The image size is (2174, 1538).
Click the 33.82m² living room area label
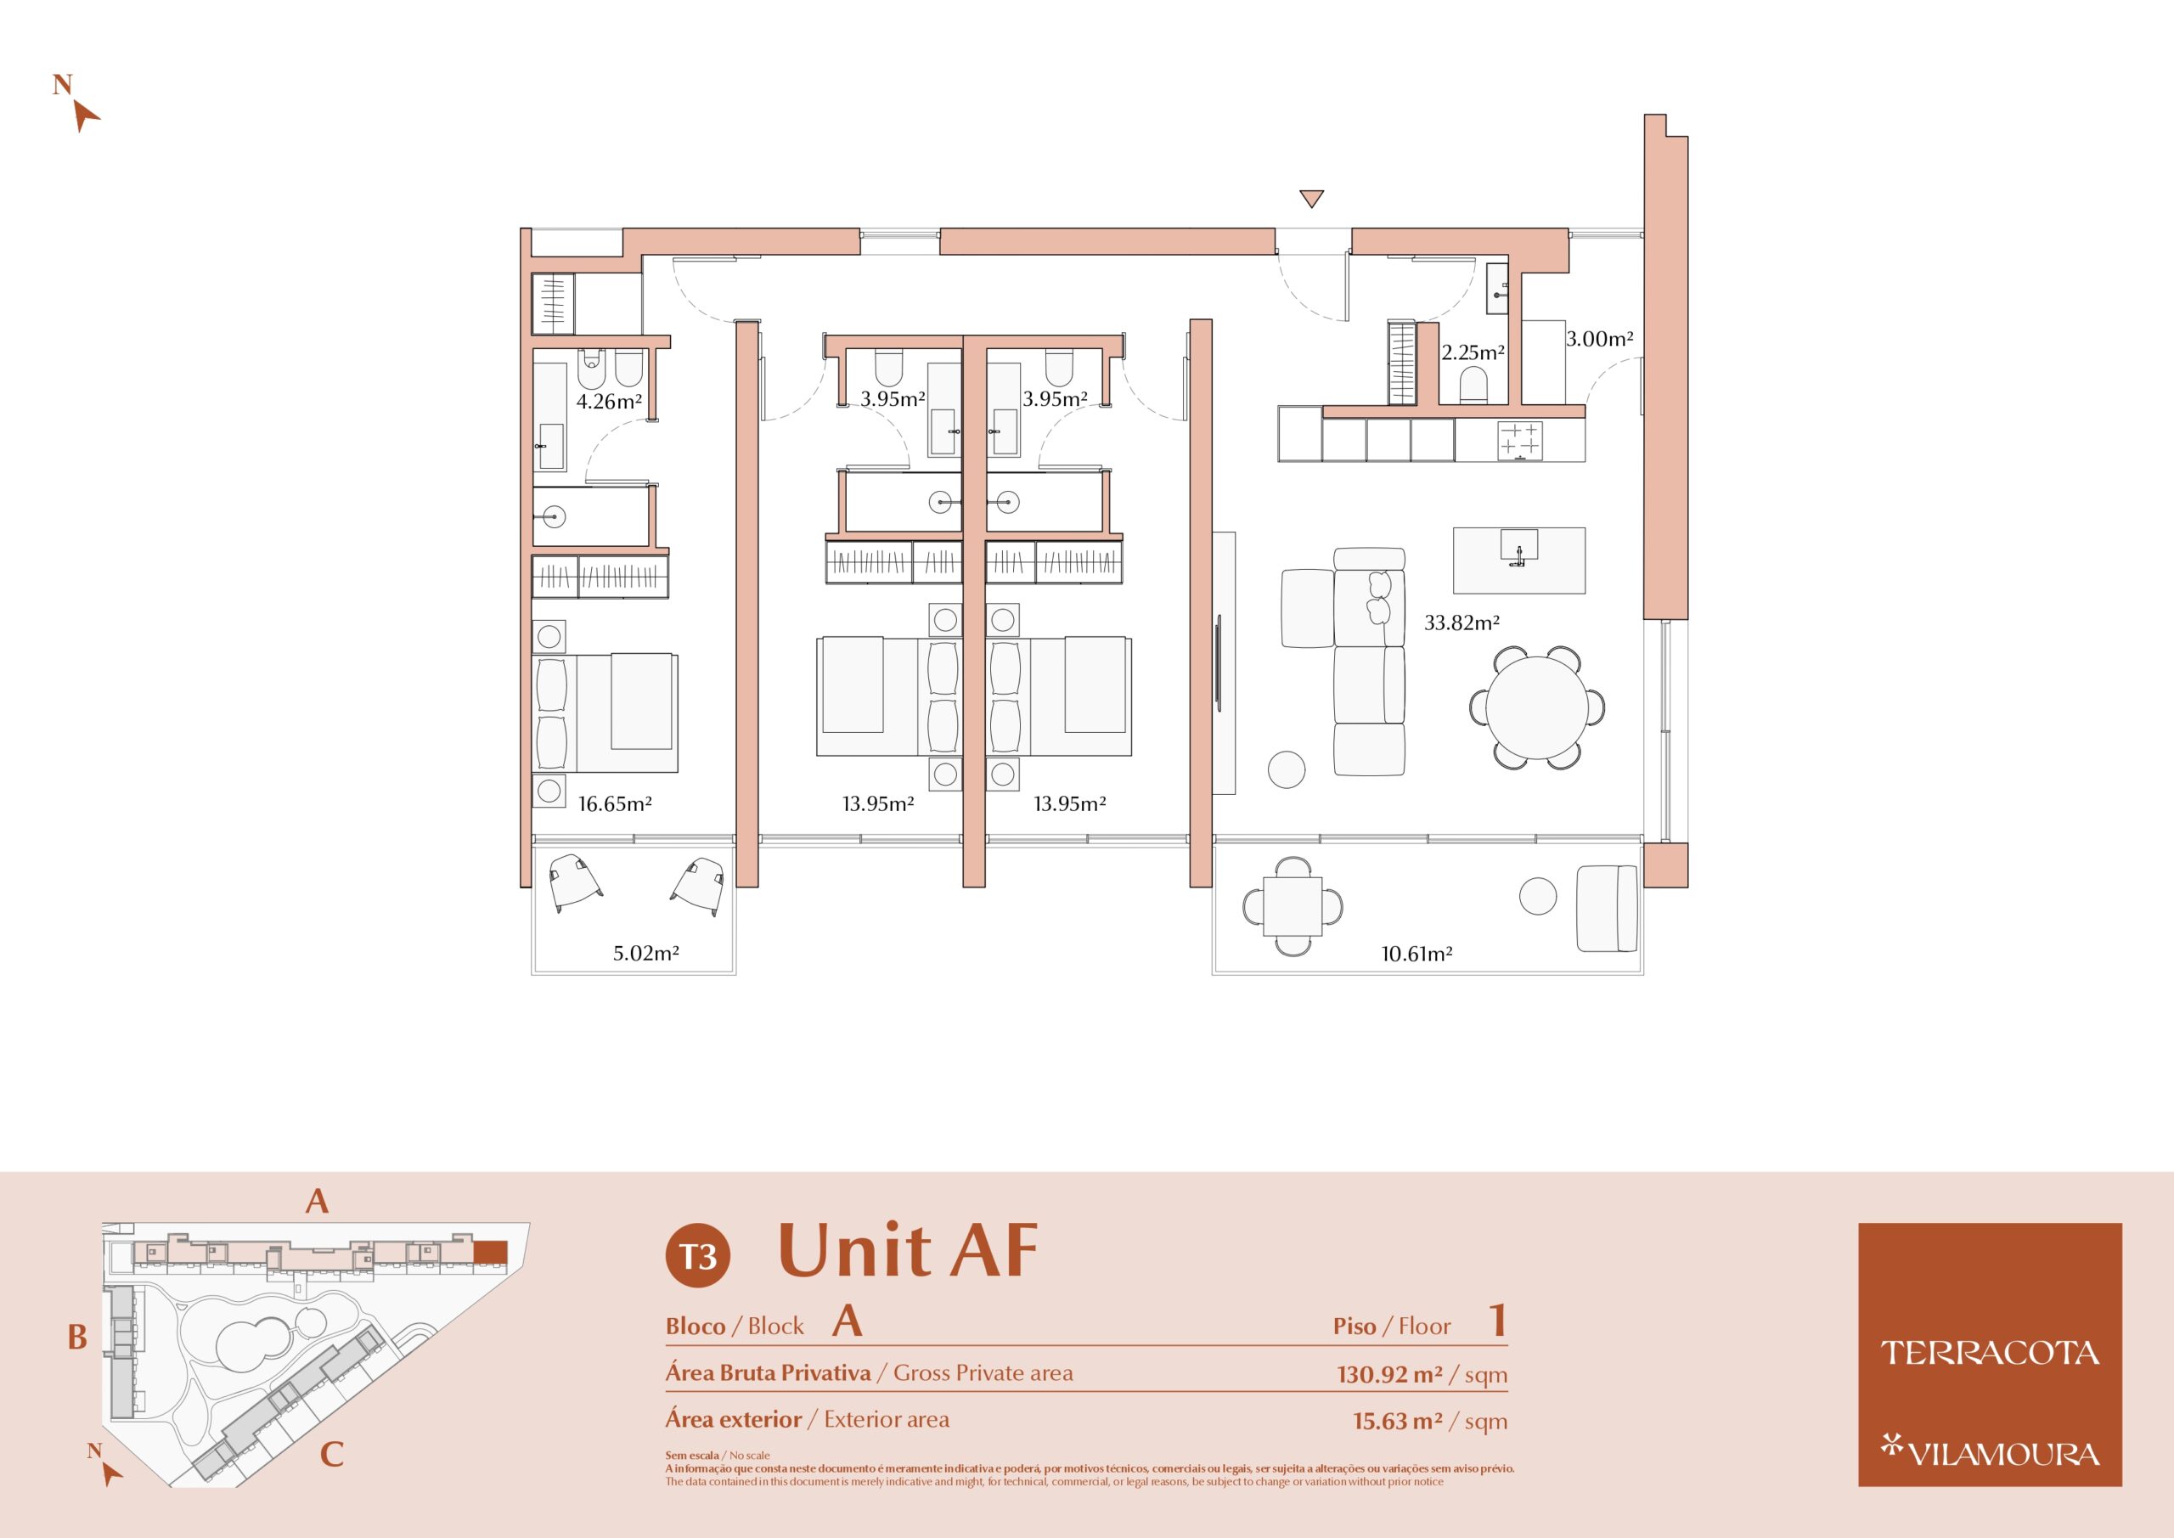coord(1462,623)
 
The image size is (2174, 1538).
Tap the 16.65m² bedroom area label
coord(615,804)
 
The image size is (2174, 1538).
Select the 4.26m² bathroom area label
coord(609,402)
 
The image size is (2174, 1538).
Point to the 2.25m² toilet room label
coord(1473,352)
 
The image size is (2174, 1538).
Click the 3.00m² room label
coord(1599,338)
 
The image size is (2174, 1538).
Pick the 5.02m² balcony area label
coord(645,954)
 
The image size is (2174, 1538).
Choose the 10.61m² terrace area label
coord(1416,954)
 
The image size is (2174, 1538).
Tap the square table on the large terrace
coord(1293,906)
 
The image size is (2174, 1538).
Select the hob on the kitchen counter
coord(1520,442)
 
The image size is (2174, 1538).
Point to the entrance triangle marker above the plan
coord(1311,199)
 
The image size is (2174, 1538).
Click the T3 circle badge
coord(698,1256)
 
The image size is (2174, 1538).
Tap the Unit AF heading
coord(908,1250)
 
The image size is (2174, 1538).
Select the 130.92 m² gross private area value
coord(1390,1374)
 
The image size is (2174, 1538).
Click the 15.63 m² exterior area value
coord(1398,1421)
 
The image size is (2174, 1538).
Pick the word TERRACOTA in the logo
coord(1990,1354)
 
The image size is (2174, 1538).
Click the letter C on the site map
coord(331,1454)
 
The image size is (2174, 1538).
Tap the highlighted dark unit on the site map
coord(491,1252)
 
